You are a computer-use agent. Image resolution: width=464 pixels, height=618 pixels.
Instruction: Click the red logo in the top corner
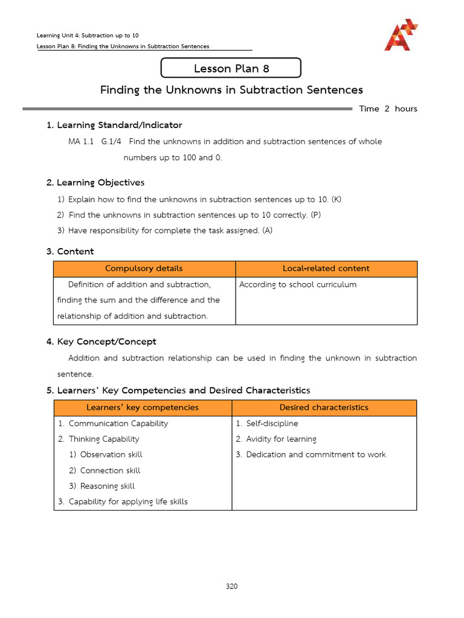pyautogui.click(x=401, y=35)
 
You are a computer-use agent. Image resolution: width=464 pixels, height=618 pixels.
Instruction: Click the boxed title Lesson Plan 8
pyautogui.click(x=231, y=68)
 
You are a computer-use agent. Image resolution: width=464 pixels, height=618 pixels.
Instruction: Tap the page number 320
pyautogui.click(x=232, y=586)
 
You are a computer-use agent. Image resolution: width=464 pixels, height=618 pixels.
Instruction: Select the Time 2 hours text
pyautogui.click(x=388, y=109)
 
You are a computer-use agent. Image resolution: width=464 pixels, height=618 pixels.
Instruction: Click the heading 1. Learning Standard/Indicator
pyautogui.click(x=114, y=125)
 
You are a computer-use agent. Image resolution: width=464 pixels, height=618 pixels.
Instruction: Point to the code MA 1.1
pyautogui.click(x=81, y=141)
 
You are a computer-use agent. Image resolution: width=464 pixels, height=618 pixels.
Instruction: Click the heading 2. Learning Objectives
pyautogui.click(x=95, y=182)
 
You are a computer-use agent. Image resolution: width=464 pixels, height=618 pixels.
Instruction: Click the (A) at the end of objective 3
pyautogui.click(x=267, y=231)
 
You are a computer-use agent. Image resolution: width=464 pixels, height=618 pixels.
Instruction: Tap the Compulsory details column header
pyautogui.click(x=144, y=269)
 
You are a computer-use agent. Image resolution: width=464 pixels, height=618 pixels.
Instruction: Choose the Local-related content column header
pyautogui.click(x=326, y=269)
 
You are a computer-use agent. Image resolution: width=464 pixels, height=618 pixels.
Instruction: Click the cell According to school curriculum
pyautogui.click(x=298, y=284)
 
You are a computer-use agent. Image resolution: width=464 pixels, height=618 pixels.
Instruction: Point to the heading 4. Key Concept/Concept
pyautogui.click(x=101, y=342)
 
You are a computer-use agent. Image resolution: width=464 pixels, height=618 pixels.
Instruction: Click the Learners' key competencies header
pyautogui.click(x=143, y=407)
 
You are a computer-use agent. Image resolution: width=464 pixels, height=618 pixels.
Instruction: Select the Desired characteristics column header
pyautogui.click(x=324, y=407)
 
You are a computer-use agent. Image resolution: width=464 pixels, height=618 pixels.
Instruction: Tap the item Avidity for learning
pyautogui.click(x=281, y=439)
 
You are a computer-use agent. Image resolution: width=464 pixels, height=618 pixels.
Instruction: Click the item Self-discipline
pyautogui.click(x=272, y=423)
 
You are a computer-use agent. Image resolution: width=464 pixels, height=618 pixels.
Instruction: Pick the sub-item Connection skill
pyautogui.click(x=106, y=470)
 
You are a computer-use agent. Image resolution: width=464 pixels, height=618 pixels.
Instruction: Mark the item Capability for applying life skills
pyautogui.click(x=127, y=502)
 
